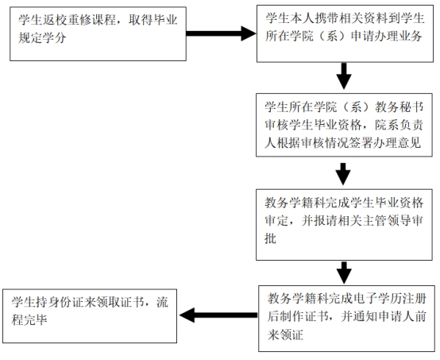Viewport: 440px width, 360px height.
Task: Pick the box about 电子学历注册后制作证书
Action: pyautogui.click(x=344, y=316)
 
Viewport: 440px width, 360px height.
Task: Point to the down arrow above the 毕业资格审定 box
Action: pyautogui.click(x=343, y=173)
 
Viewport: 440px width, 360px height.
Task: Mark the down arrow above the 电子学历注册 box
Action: pyautogui.click(x=343, y=273)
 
